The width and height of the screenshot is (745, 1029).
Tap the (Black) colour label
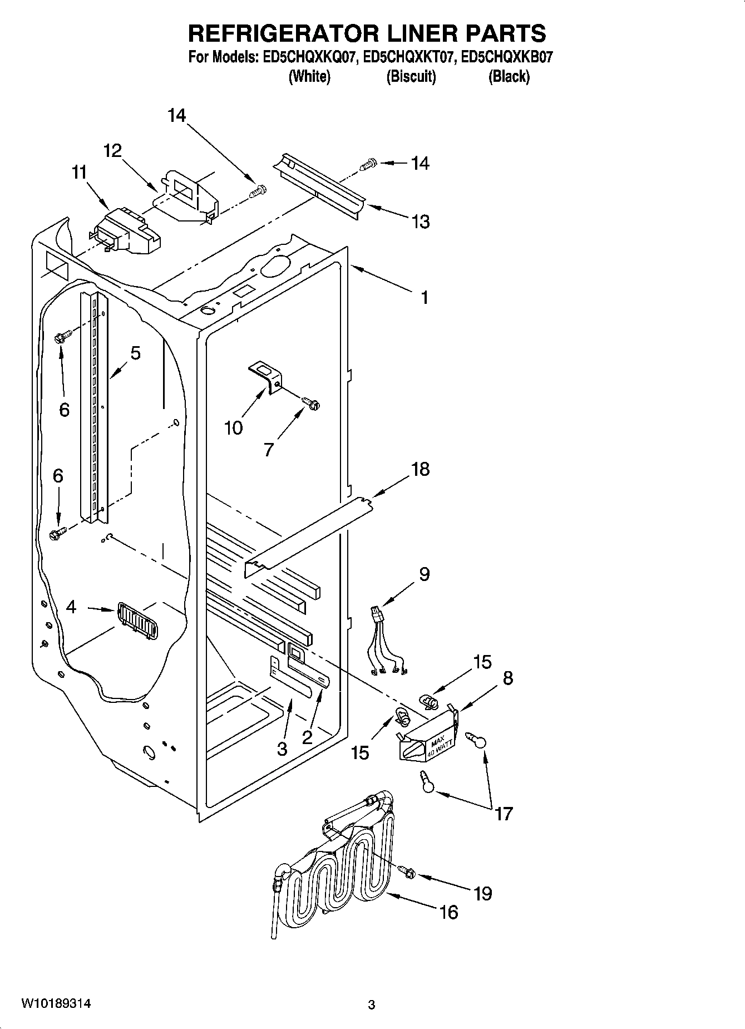[x=509, y=77]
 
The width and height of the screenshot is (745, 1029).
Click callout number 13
[x=421, y=221]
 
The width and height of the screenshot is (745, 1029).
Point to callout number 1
[x=424, y=297]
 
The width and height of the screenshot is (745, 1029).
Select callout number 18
[x=420, y=469]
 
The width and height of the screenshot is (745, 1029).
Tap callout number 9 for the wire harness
[x=424, y=574]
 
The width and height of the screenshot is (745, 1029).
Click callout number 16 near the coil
[x=448, y=912]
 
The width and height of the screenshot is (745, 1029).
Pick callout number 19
[x=482, y=893]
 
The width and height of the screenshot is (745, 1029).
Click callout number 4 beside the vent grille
[x=71, y=607]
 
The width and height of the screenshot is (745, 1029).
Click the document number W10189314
[x=56, y=1003]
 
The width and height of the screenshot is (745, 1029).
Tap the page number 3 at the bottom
[x=372, y=1005]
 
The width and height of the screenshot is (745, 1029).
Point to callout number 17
[x=503, y=814]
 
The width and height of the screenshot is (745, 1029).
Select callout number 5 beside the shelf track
[x=135, y=353]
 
